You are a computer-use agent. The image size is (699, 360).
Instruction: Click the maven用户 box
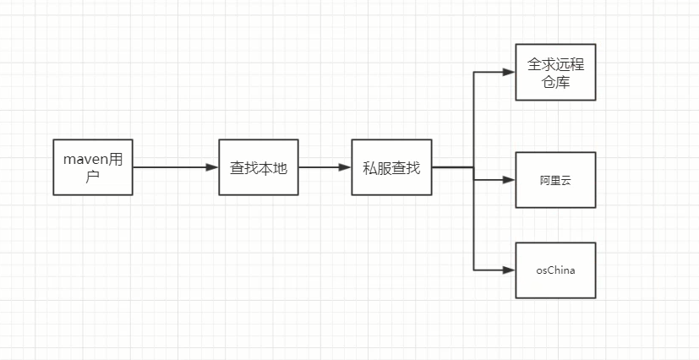(93, 166)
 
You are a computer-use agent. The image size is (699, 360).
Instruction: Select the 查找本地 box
(259, 167)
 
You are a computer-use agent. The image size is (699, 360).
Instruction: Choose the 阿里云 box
(555, 180)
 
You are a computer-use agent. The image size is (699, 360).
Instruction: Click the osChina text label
(555, 270)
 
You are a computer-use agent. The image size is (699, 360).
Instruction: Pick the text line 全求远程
(555, 64)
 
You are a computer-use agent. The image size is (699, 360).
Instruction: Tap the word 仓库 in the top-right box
(555, 81)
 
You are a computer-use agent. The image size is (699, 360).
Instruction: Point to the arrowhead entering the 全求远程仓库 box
(509, 72)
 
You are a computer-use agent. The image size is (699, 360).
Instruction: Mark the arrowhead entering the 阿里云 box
(509, 180)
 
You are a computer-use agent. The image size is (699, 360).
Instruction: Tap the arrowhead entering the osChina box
(509, 270)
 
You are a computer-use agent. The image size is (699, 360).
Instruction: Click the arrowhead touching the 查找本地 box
(212, 167)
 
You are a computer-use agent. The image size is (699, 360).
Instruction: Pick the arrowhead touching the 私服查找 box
(346, 167)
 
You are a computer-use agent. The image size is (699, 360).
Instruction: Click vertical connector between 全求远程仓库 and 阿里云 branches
(473, 118)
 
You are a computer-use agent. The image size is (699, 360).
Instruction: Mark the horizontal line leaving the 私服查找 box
(452, 167)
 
